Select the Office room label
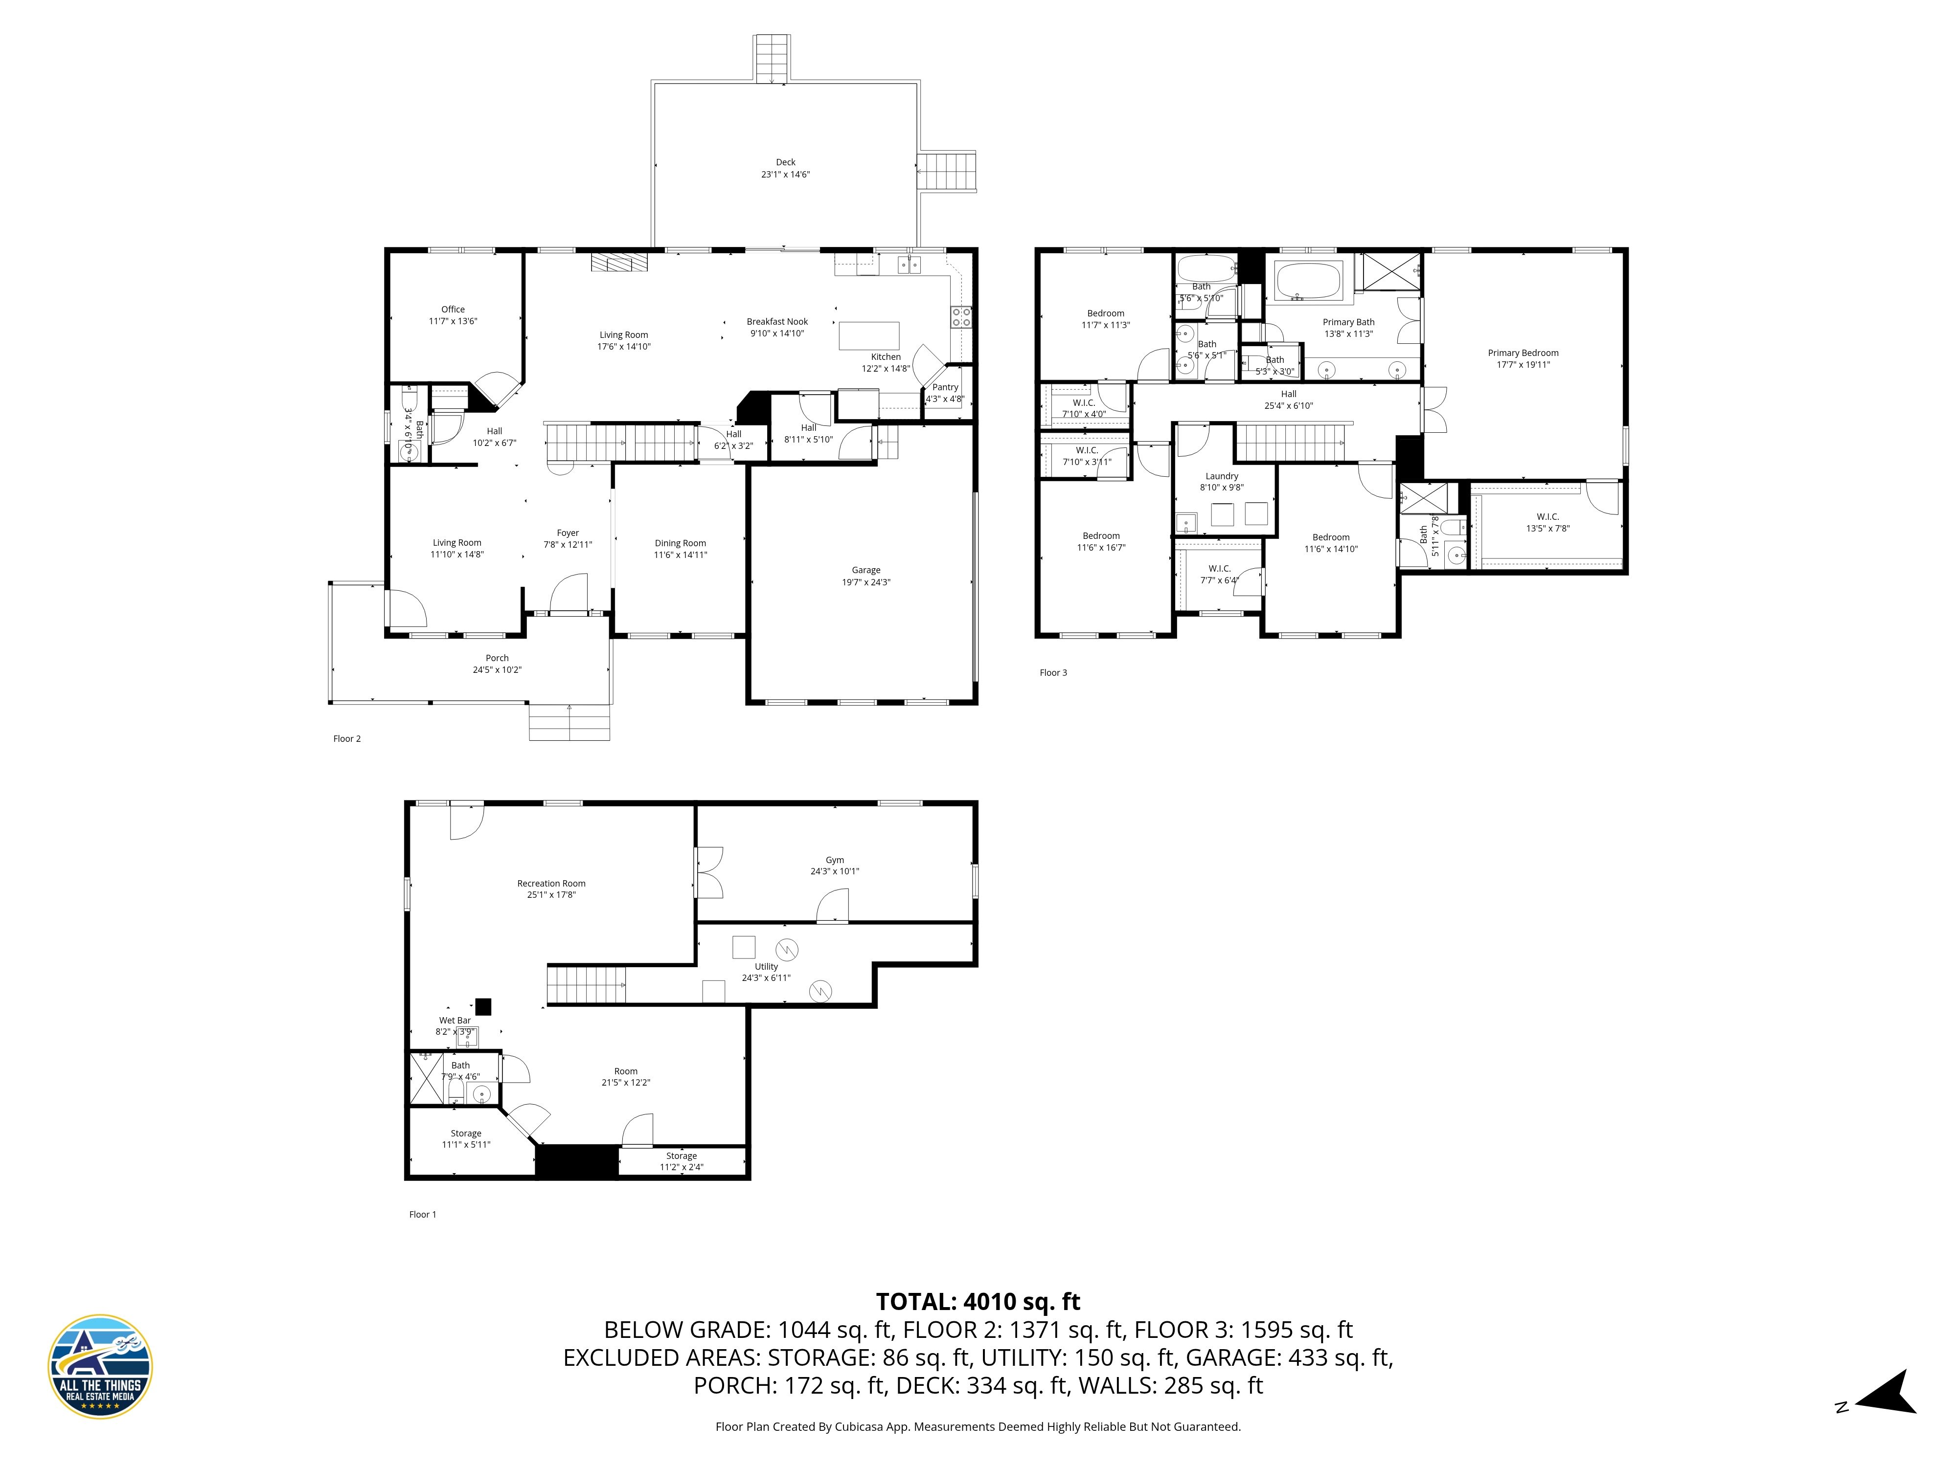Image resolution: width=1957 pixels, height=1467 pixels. (x=453, y=310)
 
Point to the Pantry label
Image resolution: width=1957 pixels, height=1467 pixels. (x=945, y=387)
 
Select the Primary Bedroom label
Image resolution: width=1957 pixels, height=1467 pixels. (x=1523, y=353)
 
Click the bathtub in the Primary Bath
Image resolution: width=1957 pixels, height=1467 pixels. (x=1309, y=280)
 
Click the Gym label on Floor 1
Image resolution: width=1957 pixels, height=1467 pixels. (x=834, y=860)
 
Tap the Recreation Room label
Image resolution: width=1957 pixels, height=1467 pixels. (x=551, y=884)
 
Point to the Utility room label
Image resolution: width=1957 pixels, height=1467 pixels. (x=766, y=966)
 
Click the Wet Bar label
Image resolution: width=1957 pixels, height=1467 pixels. (x=455, y=1021)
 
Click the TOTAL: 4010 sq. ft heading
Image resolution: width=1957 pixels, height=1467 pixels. (x=978, y=1302)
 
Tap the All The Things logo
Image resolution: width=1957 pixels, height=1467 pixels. (x=100, y=1366)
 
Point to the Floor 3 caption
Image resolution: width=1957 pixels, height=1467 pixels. (x=1053, y=673)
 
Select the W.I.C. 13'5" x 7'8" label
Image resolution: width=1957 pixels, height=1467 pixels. (x=1547, y=516)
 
